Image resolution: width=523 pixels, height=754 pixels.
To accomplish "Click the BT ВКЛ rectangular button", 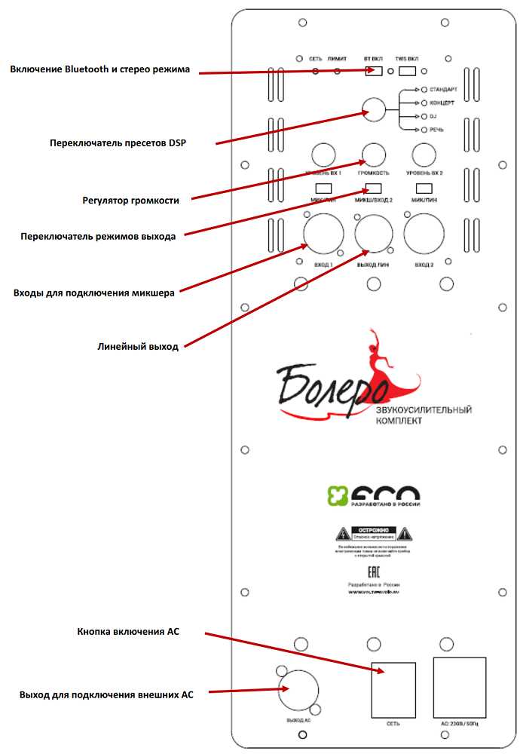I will click(x=372, y=72).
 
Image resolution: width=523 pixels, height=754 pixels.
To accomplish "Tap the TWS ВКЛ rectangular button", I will click(x=408, y=72).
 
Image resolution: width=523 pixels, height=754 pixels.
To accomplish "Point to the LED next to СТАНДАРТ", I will click(x=424, y=90).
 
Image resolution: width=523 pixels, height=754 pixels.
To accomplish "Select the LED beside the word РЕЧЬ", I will click(x=424, y=130).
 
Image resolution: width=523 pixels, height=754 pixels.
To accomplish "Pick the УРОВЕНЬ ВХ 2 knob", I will click(x=424, y=155).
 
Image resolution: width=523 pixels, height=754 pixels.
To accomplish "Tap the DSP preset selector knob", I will click(x=373, y=110).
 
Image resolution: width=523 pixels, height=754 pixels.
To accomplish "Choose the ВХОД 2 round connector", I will click(x=424, y=234).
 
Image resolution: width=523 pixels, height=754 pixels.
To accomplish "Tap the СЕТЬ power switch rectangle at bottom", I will click(x=393, y=689).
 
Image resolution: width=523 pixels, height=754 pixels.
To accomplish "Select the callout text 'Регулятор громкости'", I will click(x=130, y=201).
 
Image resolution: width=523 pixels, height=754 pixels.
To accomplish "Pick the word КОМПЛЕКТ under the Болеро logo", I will click(x=399, y=421).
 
